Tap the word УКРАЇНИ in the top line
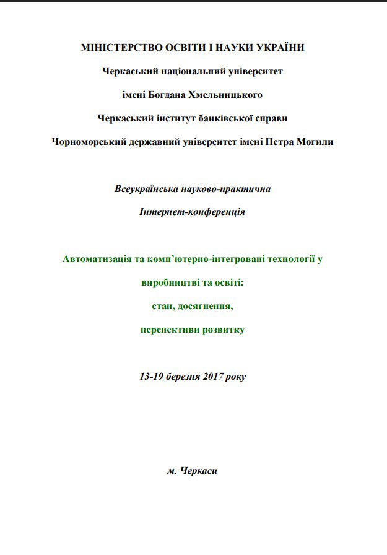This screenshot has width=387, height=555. coord(278,48)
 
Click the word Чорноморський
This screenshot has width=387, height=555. coord(89,142)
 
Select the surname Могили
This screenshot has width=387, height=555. coord(315,142)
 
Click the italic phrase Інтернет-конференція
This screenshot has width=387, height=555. coord(193,212)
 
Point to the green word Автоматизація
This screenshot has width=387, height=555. coord(96,259)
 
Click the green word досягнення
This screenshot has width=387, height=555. coord(208,306)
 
